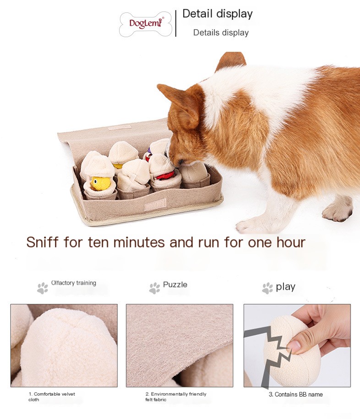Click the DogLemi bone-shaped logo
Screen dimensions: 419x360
[146, 24]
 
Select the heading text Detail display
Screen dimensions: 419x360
[217, 14]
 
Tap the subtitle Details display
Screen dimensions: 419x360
[221, 33]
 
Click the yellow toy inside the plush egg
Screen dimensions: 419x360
[101, 183]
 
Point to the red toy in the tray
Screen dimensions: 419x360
[165, 176]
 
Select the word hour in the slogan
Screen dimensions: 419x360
[287, 242]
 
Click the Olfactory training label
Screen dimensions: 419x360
[74, 283]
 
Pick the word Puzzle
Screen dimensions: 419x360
[175, 285]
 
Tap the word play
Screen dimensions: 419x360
[285, 287]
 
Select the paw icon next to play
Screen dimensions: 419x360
[267, 288]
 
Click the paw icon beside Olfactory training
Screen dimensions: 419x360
[43, 288]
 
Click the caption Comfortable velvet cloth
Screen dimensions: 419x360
[51, 397]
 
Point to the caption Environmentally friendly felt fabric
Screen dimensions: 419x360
[175, 397]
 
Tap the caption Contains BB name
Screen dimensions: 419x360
[295, 394]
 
